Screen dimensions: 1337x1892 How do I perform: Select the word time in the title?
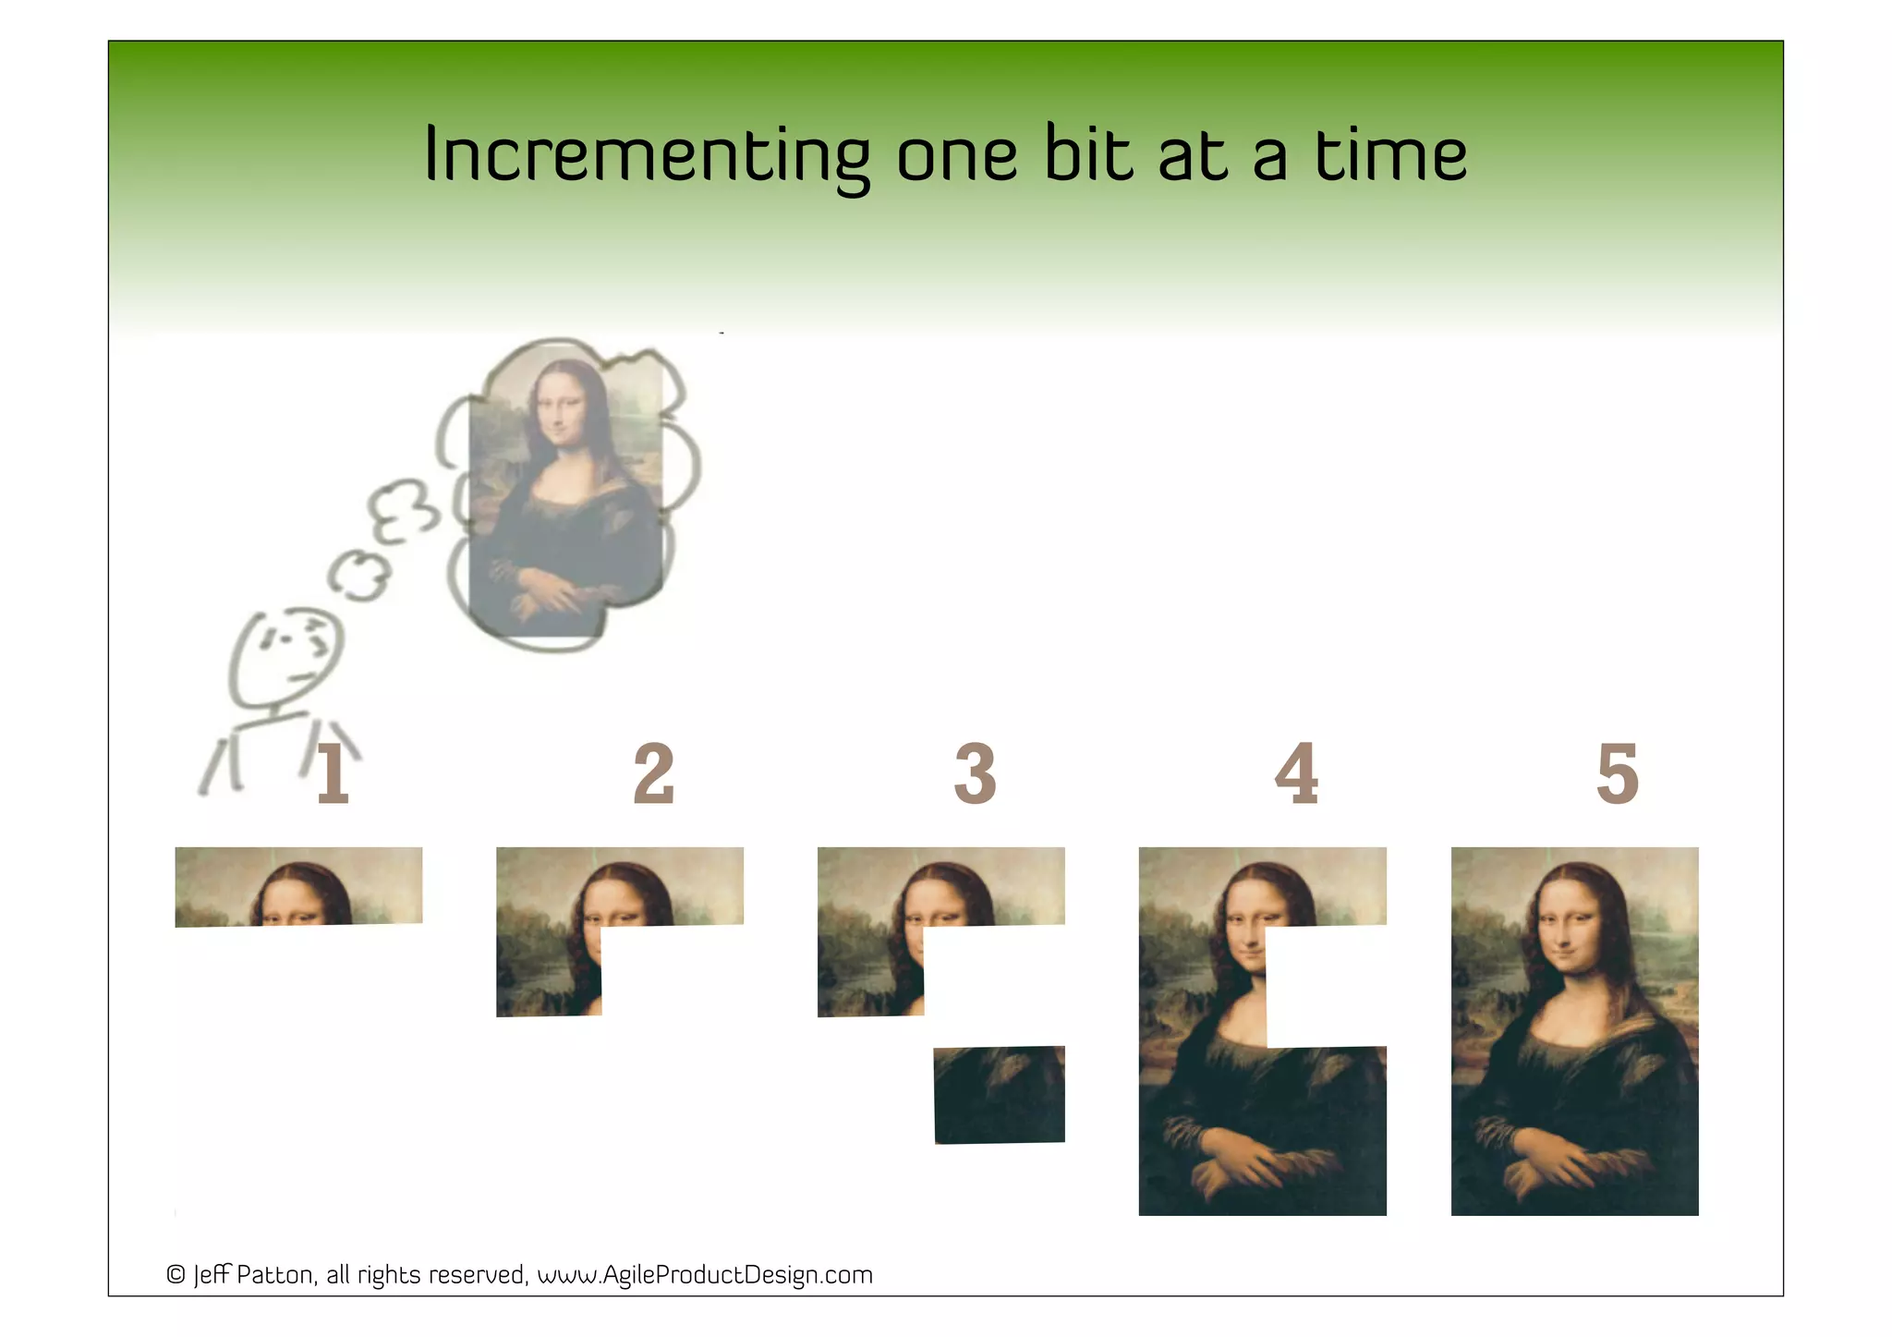click(x=1390, y=155)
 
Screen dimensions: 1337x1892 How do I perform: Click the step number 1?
click(x=333, y=774)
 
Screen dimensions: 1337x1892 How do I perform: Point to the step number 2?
click(x=653, y=774)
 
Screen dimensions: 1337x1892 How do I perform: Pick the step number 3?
click(x=975, y=774)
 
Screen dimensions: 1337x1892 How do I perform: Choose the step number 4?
click(x=1296, y=774)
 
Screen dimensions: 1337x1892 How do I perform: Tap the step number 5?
click(x=1617, y=774)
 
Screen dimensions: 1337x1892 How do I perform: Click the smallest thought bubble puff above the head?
click(x=358, y=575)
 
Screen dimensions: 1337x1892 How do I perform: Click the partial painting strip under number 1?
click(x=298, y=886)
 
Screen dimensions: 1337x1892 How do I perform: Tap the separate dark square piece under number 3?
click(x=1000, y=1094)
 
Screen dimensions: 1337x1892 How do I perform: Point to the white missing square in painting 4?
click(x=1326, y=986)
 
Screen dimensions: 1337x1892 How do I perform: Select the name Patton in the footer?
click(x=276, y=1275)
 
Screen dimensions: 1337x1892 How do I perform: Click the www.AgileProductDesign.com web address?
click(x=705, y=1275)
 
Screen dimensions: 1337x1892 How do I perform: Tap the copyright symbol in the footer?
click(x=176, y=1275)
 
